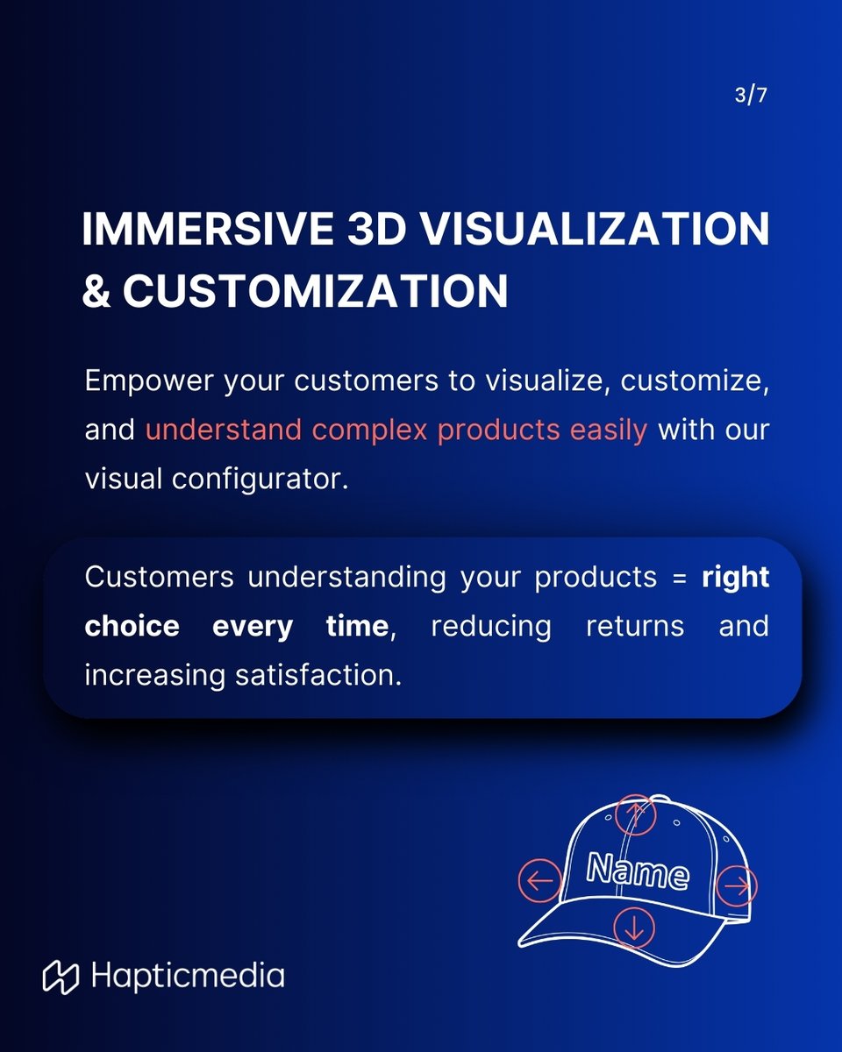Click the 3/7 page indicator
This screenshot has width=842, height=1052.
[751, 96]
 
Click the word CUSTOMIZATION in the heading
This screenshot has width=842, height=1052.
[315, 290]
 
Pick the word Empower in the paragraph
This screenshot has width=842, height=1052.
[137, 382]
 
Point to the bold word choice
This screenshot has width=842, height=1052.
[132, 626]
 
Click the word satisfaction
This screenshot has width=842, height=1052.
[319, 675]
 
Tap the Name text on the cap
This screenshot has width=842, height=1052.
[638, 871]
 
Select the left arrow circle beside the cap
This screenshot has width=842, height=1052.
[540, 881]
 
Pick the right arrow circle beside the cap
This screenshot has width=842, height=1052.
[737, 885]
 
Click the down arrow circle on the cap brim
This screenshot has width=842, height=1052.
[634, 926]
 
